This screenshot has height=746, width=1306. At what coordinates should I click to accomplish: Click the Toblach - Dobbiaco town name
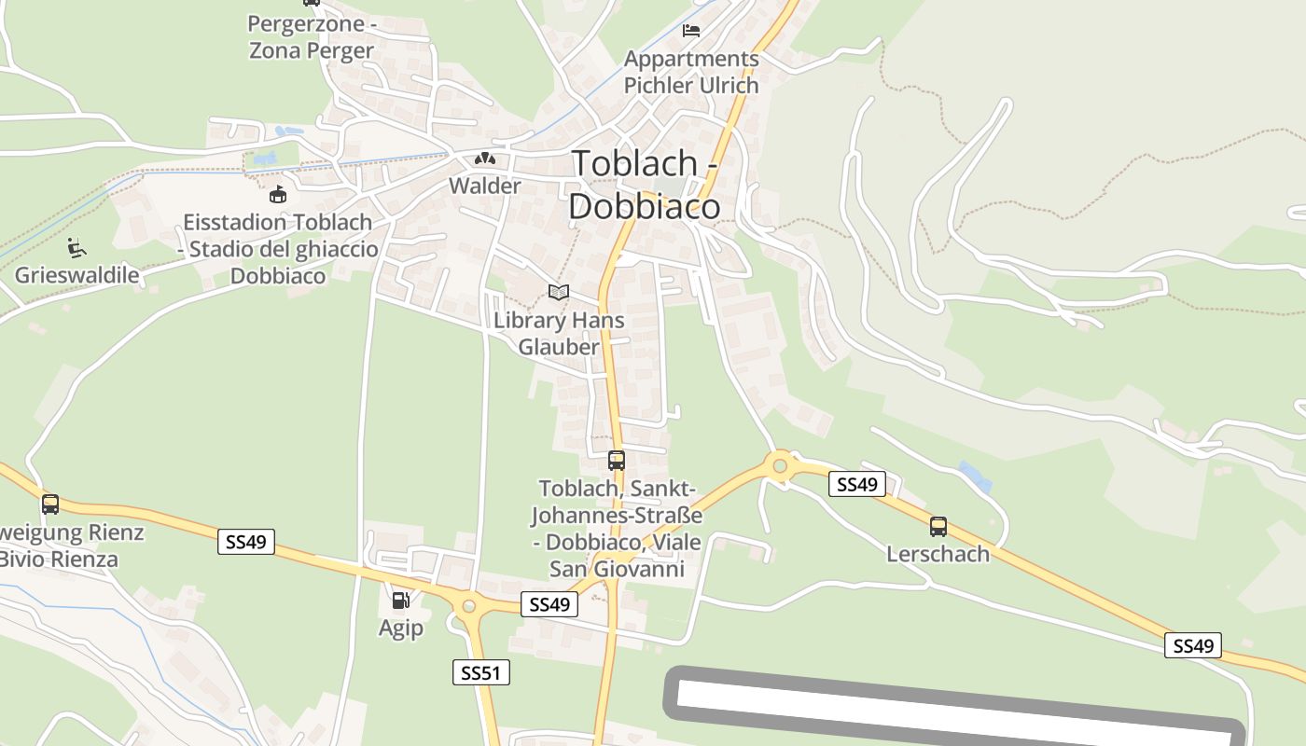click(x=645, y=185)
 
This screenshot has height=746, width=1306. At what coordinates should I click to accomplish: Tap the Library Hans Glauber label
click(x=559, y=333)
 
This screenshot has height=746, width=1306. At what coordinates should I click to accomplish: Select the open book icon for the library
click(x=559, y=293)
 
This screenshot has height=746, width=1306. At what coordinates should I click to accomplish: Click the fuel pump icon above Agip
click(x=400, y=601)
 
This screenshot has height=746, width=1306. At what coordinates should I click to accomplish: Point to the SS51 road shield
click(x=481, y=671)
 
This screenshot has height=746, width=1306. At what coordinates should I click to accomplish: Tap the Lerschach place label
click(x=938, y=553)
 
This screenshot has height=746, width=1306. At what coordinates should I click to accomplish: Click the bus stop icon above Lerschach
click(x=938, y=526)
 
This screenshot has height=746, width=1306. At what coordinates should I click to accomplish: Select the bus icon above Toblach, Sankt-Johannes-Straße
click(x=617, y=460)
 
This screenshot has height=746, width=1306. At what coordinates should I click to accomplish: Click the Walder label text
click(x=485, y=186)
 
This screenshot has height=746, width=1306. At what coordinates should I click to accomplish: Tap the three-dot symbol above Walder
click(x=484, y=159)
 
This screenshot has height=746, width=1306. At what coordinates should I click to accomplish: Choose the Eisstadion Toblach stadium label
click(x=278, y=249)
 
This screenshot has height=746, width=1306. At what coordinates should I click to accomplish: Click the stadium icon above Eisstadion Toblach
click(x=278, y=194)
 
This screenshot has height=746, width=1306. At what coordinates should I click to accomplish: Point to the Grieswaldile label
click(x=76, y=275)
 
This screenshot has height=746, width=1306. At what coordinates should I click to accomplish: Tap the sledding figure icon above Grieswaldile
click(x=76, y=248)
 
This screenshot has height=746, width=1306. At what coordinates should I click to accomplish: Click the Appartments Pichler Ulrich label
click(x=691, y=72)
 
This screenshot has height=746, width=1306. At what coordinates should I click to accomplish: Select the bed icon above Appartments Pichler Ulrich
click(x=691, y=31)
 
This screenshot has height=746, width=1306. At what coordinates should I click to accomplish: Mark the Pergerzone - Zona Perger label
click(x=312, y=36)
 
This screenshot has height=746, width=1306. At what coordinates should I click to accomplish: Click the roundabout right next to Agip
click(x=468, y=606)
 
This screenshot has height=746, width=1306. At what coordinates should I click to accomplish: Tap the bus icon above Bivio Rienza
click(x=50, y=504)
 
